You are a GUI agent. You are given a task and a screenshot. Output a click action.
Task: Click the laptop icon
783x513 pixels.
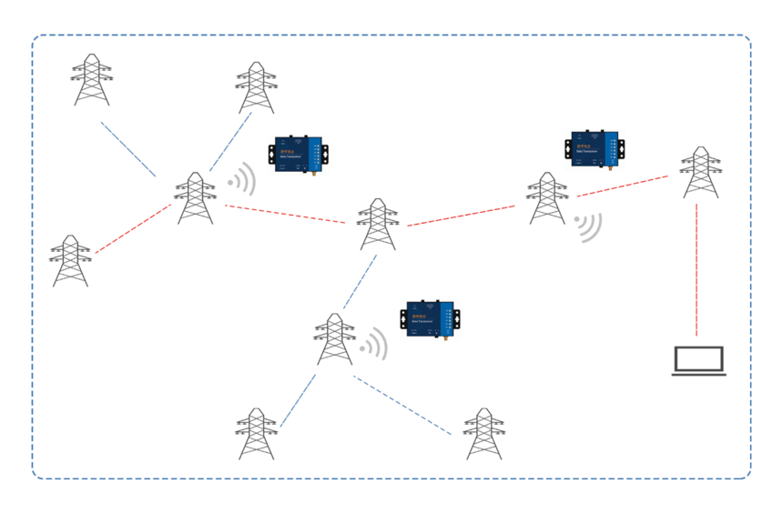click(x=698, y=361)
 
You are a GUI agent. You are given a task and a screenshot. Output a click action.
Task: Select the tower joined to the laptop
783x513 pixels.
click(x=699, y=172)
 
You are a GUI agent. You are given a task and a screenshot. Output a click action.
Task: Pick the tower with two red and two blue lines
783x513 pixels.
click(x=195, y=197)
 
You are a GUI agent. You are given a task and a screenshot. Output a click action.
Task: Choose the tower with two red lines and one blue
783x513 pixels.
click(x=378, y=224)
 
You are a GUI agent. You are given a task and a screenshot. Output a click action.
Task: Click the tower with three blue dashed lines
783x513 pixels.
click(x=334, y=339)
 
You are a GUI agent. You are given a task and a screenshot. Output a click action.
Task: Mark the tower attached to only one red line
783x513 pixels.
click(x=70, y=261)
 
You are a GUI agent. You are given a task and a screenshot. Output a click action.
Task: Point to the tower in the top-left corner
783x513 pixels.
click(x=91, y=80)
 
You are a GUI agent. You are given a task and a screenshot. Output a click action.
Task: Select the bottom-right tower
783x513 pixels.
click(x=483, y=434)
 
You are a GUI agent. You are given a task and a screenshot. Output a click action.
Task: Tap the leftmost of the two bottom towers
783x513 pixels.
click(x=256, y=434)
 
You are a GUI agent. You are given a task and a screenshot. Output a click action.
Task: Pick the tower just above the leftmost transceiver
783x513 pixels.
click(x=255, y=87)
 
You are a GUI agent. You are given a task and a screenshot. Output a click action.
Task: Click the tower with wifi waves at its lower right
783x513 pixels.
click(x=547, y=198)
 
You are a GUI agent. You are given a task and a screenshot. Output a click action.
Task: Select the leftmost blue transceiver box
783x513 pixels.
click(x=299, y=156)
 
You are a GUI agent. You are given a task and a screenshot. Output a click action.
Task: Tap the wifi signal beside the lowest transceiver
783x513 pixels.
click(x=374, y=345)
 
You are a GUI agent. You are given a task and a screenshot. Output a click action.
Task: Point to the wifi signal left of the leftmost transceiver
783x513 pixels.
click(x=243, y=180)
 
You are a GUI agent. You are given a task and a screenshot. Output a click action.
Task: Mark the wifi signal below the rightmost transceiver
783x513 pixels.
click(x=587, y=226)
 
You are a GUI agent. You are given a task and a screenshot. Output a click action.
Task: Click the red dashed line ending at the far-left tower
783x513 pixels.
click(x=133, y=228)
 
